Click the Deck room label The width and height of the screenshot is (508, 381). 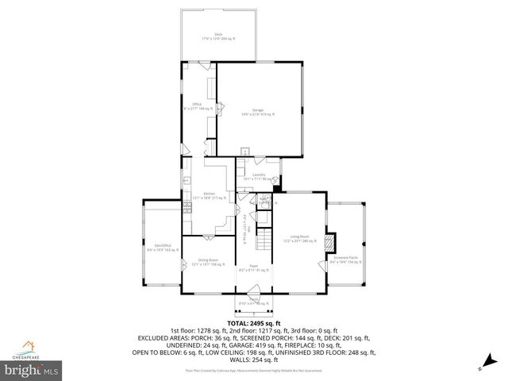point(218,35)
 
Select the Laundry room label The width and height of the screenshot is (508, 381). point(258,175)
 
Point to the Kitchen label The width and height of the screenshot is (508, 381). point(209,194)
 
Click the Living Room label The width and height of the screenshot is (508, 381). point(298,237)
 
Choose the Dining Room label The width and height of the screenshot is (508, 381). point(208,262)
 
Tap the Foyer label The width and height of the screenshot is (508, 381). point(253,267)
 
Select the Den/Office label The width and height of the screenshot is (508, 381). point(164,248)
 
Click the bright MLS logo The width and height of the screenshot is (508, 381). point(32,370)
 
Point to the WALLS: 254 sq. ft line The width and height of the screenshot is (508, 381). point(253,359)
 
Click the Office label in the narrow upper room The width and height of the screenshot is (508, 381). point(196,105)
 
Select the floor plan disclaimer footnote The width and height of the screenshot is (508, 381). point(253,370)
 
